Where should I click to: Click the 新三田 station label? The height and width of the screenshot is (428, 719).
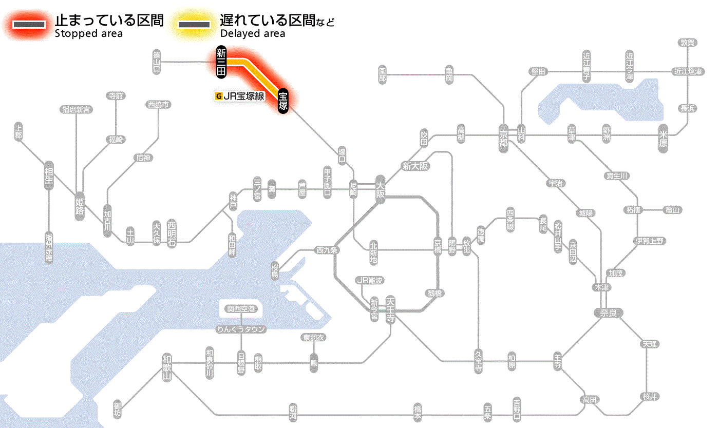tap(221, 62)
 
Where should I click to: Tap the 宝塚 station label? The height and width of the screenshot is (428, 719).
tap(282, 101)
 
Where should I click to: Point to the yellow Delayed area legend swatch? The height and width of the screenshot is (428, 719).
tap(194, 24)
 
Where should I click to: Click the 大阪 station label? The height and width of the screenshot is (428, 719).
tap(380, 190)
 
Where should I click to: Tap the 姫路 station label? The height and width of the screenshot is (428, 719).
tap(80, 206)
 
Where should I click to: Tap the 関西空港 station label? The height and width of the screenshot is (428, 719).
tap(241, 309)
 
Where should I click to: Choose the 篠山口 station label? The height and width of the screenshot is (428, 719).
tap(157, 62)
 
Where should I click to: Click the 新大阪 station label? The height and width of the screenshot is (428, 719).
tap(415, 166)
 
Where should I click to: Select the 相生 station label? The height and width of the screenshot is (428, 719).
tap(49, 176)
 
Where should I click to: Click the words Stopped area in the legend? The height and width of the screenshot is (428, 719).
tap(89, 34)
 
